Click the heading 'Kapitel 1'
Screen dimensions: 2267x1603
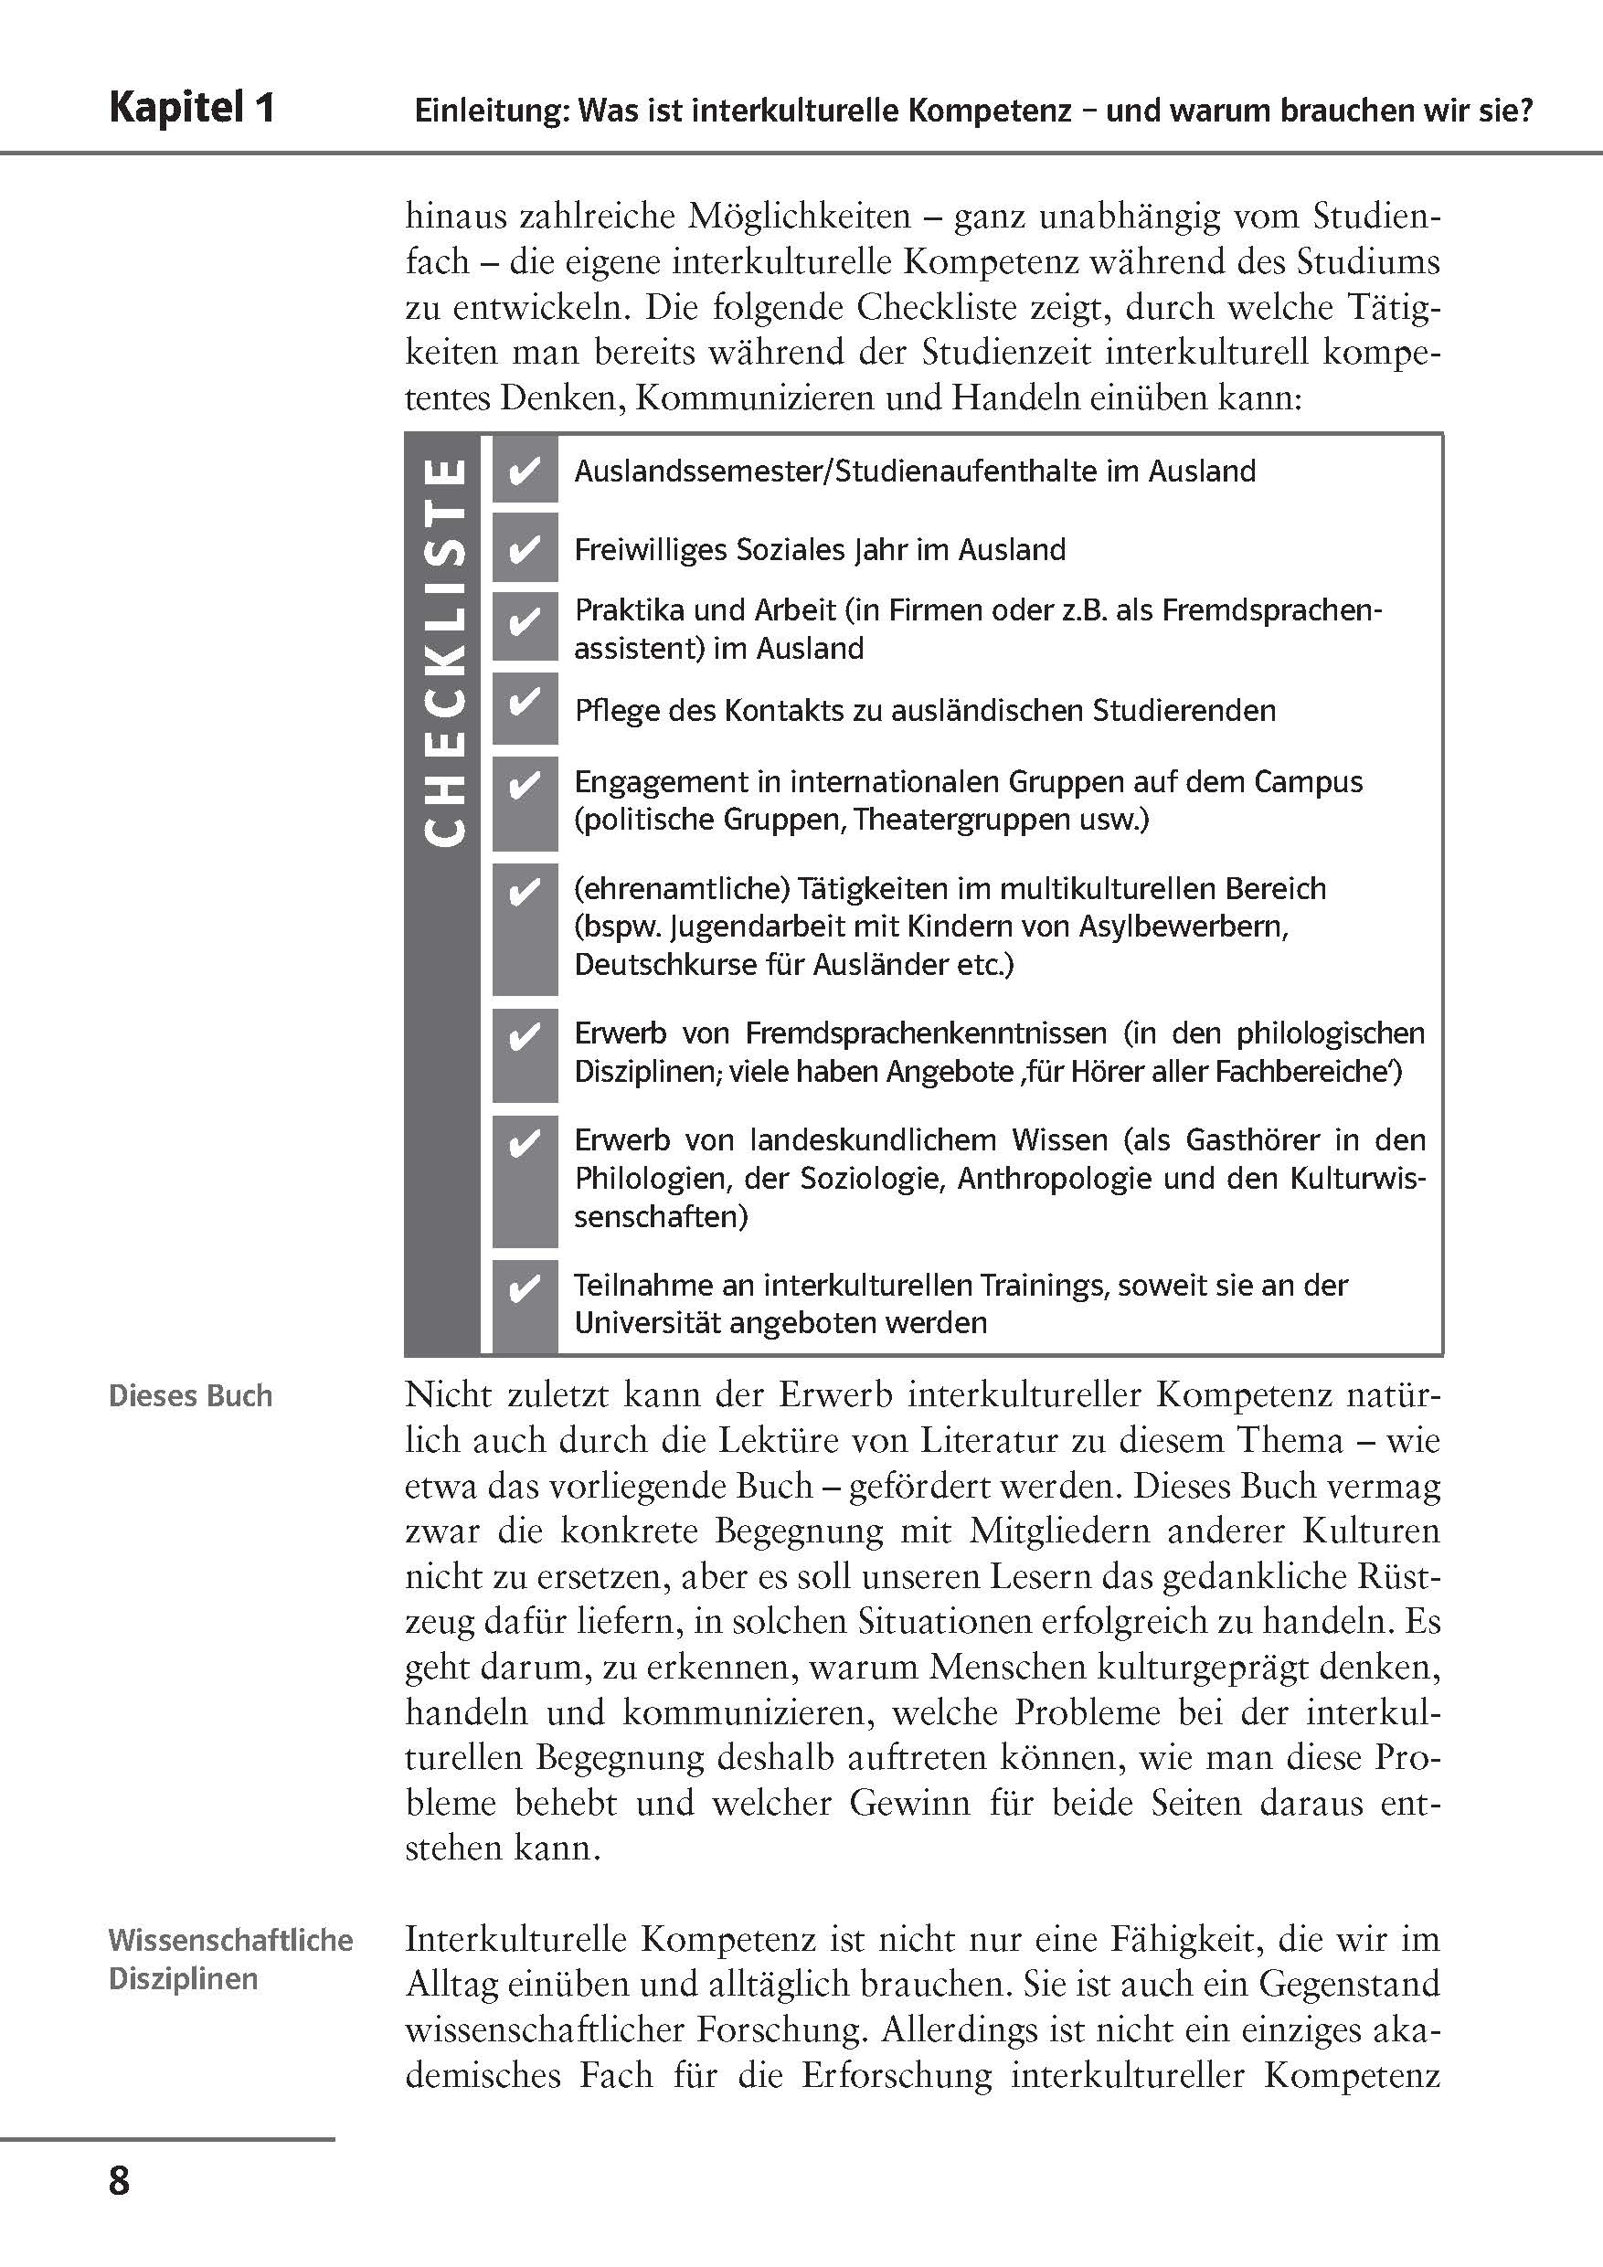point(192,108)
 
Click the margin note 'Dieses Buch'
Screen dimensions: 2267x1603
point(191,1396)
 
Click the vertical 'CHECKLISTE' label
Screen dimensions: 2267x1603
point(445,651)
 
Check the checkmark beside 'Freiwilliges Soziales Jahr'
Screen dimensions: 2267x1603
point(524,549)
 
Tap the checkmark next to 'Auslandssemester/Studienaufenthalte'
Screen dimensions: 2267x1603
point(524,471)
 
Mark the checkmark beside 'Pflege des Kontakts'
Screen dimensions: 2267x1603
point(524,702)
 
